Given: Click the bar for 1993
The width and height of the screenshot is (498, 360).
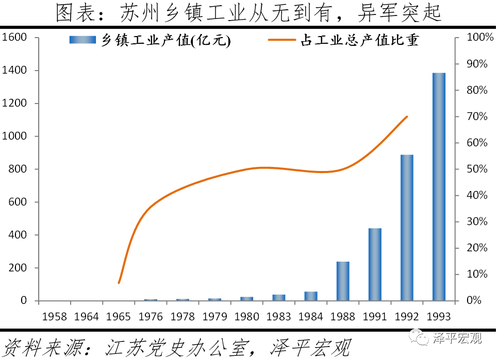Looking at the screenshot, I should (439, 186).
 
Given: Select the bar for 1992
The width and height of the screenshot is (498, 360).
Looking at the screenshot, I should (407, 228).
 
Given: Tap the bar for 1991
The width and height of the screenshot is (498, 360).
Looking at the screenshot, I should (375, 264).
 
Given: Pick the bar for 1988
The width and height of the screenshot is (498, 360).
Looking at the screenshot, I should (343, 281).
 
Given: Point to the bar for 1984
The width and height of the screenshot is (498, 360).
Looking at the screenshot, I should (311, 296).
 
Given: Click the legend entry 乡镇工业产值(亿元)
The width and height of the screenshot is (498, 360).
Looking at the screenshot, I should (150, 41).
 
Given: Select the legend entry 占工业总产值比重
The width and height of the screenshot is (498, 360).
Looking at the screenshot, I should (344, 41).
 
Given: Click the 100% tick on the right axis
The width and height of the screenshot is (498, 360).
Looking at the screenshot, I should (476, 38).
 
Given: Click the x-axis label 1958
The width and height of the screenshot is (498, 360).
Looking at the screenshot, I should (55, 316).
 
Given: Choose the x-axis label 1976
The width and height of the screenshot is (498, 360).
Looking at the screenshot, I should (151, 316).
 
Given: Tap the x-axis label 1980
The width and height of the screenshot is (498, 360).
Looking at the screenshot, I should (246, 316).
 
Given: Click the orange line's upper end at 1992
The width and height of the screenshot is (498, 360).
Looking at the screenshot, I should (407, 117).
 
